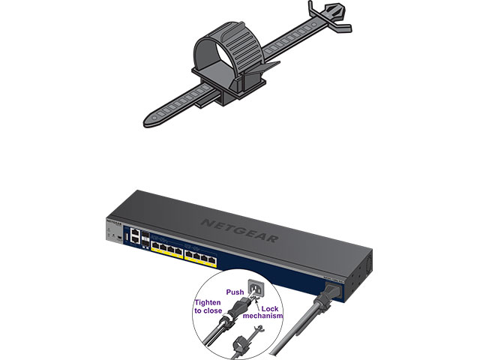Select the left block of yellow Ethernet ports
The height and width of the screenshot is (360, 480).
(x=166, y=248)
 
